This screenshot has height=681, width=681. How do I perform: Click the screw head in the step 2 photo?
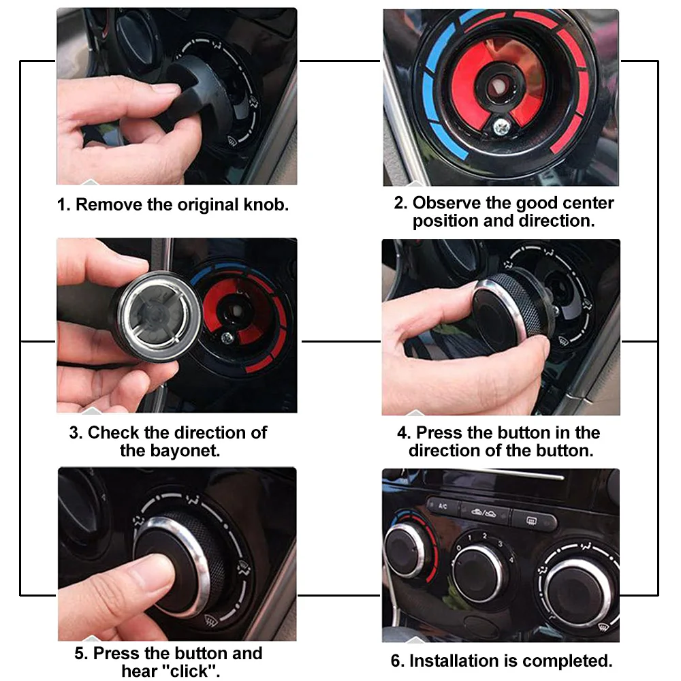point(502,127)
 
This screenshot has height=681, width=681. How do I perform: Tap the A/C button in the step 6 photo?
point(443,507)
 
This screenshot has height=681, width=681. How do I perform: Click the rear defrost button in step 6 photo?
point(533,520)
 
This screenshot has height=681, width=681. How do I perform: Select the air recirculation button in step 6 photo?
point(484,513)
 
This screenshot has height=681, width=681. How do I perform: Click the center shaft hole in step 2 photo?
point(498,86)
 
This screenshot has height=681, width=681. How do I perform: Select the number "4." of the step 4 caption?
point(403,433)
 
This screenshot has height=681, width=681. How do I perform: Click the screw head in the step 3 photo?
point(226,338)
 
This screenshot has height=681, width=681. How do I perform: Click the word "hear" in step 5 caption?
point(139,671)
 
